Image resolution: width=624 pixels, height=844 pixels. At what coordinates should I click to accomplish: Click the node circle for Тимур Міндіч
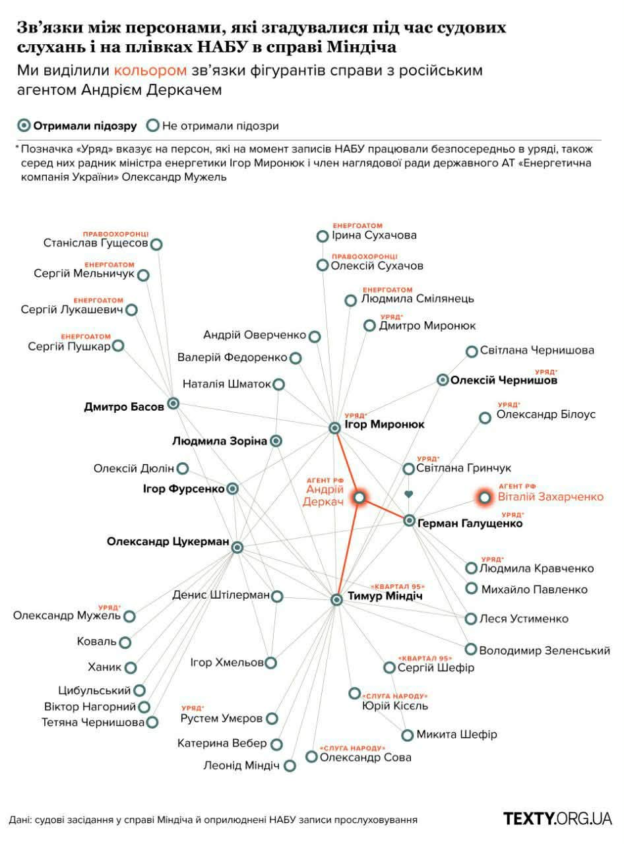336,599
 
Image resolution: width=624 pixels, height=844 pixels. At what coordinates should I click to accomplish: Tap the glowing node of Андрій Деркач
359,498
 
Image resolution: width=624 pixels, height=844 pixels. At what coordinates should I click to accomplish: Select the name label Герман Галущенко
470,524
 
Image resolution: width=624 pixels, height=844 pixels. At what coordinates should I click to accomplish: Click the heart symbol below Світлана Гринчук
409,494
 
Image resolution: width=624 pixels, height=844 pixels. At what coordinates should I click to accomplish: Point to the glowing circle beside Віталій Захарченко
485,497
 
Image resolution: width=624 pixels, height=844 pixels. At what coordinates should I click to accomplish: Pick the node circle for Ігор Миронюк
334,428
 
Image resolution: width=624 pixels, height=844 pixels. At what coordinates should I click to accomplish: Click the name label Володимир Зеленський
544,651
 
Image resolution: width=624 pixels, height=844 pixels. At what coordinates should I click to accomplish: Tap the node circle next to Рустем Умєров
272,718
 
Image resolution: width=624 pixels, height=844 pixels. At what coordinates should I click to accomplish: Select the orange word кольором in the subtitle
150,71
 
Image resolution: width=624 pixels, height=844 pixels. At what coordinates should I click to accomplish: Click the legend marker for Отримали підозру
24,125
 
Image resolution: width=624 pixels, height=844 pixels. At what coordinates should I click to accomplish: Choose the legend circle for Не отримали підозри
153,125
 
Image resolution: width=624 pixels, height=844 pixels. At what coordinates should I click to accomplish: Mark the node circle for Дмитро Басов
173,404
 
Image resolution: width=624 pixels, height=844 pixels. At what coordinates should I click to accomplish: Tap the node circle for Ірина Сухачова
322,236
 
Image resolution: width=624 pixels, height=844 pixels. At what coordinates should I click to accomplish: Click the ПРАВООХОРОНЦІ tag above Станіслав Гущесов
115,234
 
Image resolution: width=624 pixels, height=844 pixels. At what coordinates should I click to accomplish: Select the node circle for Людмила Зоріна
277,440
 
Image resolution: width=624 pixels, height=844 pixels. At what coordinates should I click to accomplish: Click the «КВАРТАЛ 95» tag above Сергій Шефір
425,658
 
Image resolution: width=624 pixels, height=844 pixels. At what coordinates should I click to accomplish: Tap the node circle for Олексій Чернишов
443,380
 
